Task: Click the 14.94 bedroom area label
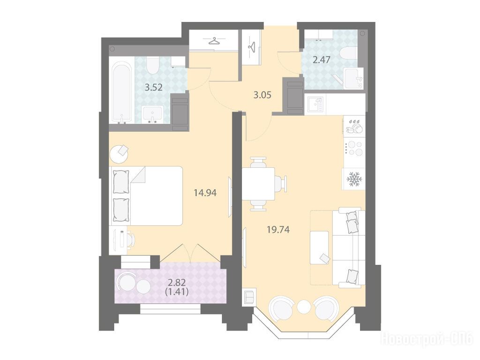(205, 193)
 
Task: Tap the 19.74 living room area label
(278, 230)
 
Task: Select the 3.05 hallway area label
(262, 95)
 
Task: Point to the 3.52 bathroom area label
(153, 88)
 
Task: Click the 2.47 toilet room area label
(322, 60)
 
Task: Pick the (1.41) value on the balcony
(177, 292)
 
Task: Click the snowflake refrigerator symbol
(354, 179)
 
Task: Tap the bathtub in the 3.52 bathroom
(122, 92)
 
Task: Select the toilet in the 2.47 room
(349, 52)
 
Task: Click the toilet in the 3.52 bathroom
(151, 65)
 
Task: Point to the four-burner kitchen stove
(354, 149)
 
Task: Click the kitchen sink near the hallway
(315, 104)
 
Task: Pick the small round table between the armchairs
(304, 307)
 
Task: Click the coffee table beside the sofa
(320, 247)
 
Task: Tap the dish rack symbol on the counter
(354, 126)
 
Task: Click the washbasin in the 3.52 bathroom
(152, 114)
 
